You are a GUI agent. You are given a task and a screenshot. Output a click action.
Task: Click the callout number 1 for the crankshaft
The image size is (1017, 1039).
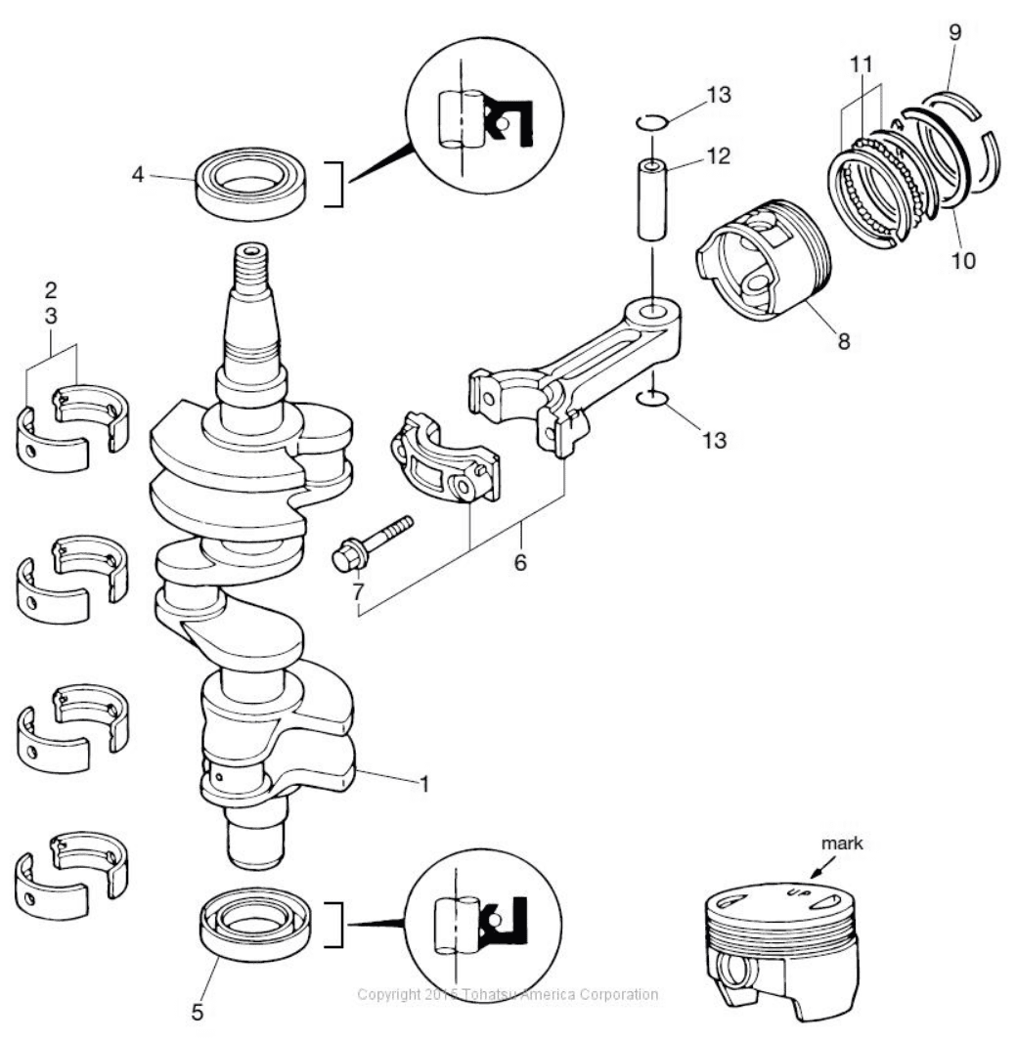[424, 784]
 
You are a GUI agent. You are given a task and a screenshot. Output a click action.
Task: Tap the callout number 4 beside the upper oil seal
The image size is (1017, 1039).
[138, 175]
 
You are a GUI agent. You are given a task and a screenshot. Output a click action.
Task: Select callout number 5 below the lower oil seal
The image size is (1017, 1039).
[198, 1012]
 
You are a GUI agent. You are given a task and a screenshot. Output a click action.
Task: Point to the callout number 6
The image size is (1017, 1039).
[520, 562]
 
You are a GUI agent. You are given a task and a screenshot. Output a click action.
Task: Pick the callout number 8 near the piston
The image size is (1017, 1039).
[843, 341]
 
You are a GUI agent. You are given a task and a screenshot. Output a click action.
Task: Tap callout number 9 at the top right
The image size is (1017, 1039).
[954, 32]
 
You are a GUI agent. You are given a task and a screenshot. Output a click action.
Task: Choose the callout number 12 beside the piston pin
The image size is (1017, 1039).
[718, 155]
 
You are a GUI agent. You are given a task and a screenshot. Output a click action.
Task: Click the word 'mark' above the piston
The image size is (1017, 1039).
[842, 843]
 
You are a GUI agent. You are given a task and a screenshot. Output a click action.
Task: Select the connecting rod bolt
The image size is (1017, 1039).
[372, 544]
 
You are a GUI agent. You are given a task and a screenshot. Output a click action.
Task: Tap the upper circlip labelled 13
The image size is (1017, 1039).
[649, 122]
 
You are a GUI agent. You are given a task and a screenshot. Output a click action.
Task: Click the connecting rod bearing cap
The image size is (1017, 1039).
[443, 457]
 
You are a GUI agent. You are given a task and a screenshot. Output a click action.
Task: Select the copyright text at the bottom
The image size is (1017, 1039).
[508, 994]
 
